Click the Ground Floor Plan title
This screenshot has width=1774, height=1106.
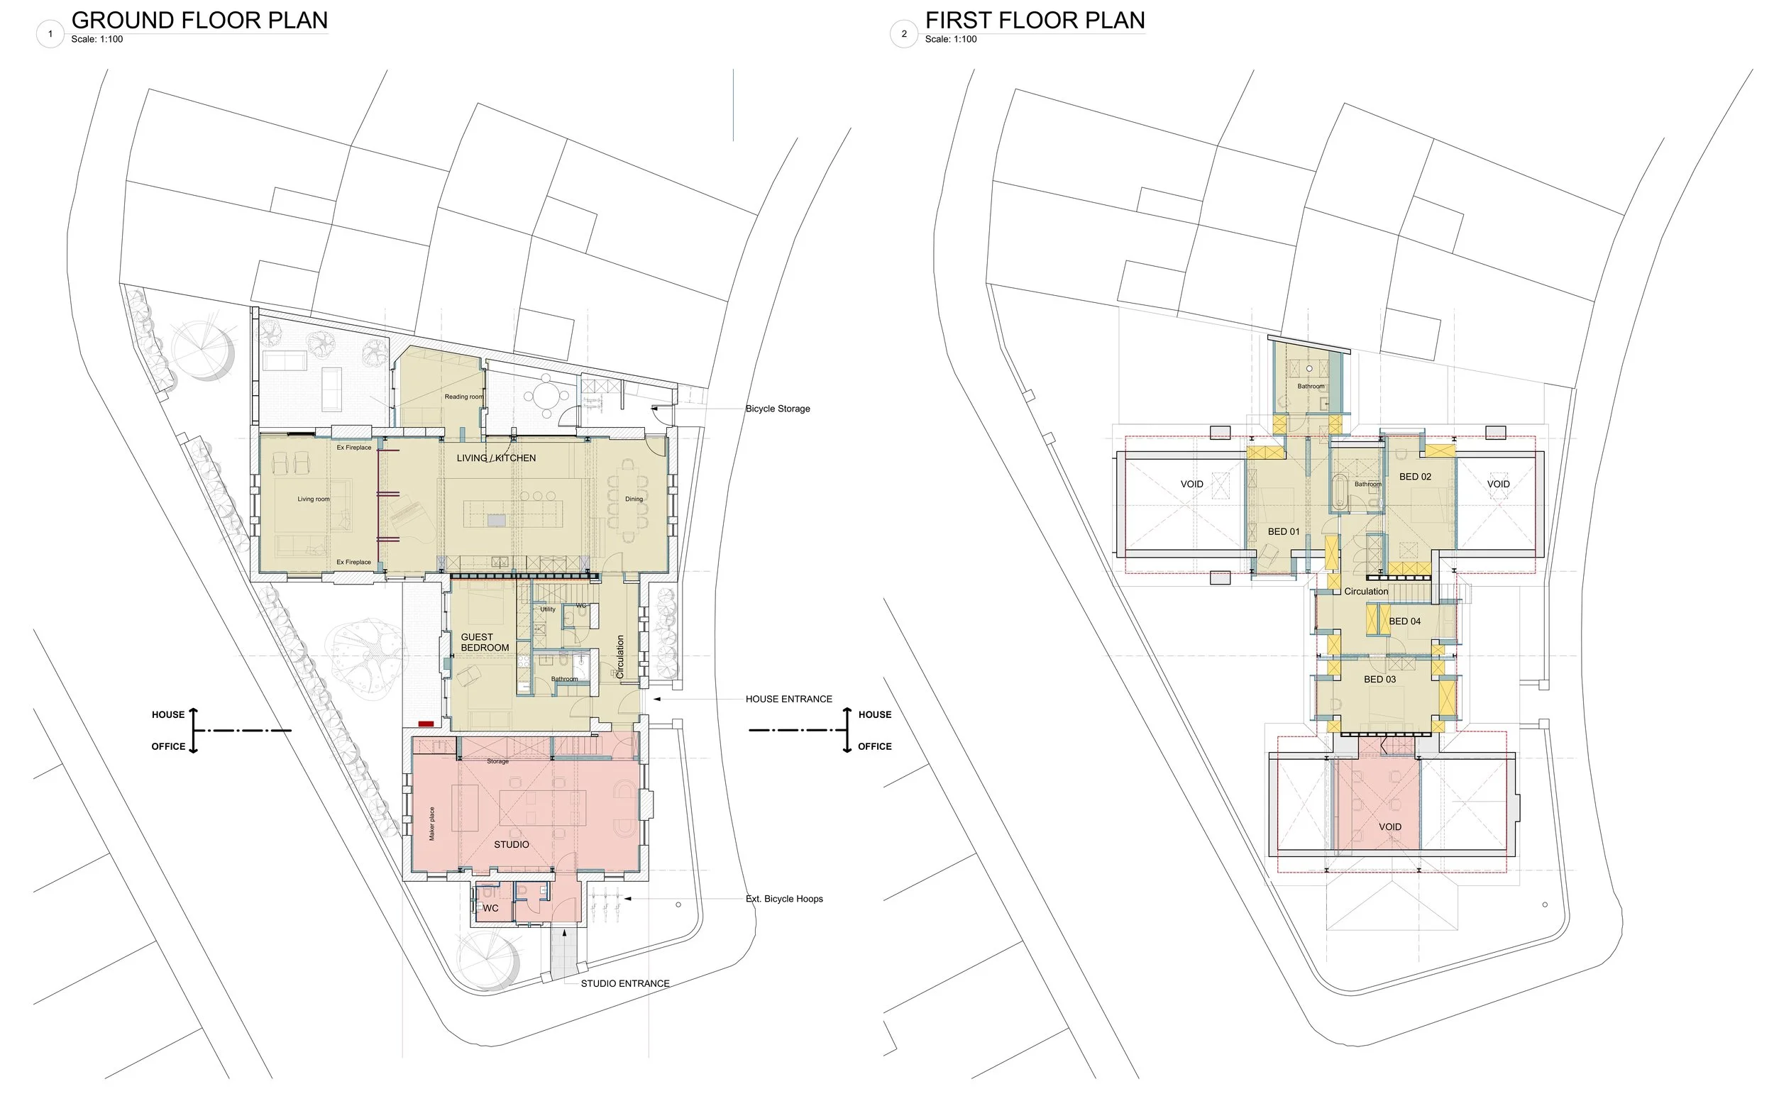[199, 21]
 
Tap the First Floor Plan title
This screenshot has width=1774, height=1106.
[1035, 21]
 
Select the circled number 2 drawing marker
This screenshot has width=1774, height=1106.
[903, 34]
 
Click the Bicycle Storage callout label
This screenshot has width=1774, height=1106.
[777, 409]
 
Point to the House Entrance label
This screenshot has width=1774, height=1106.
[788, 699]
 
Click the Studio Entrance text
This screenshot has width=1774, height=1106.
[624, 984]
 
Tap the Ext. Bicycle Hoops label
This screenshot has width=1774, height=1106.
[783, 899]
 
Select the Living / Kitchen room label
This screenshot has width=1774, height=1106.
[496, 458]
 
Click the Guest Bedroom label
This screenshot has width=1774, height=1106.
[484, 642]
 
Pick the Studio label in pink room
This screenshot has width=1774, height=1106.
[512, 845]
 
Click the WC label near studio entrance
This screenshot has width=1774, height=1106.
[490, 909]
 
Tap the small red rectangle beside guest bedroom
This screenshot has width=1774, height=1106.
[426, 724]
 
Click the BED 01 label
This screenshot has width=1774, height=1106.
[1283, 532]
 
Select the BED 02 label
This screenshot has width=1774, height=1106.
[1415, 477]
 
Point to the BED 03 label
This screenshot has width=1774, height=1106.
[1379, 680]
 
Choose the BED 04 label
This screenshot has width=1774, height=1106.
[1404, 621]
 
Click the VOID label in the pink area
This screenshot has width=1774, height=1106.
[1389, 827]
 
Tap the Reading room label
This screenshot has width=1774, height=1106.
[463, 397]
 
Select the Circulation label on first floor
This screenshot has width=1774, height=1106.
[1365, 592]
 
